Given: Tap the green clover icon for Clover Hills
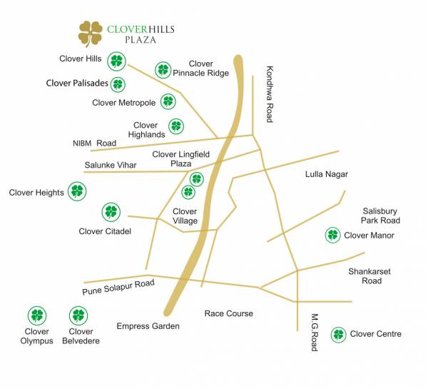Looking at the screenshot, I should click(116, 61).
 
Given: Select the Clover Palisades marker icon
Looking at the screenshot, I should click(118, 84).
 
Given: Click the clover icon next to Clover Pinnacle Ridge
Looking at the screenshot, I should click(163, 70).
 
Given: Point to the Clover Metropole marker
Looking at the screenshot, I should click(168, 102).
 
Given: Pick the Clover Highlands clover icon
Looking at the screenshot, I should click(176, 126).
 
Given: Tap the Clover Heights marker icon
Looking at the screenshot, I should click(76, 191).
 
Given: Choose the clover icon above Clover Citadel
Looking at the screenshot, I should click(111, 211).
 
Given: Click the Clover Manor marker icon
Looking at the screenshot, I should click(332, 235).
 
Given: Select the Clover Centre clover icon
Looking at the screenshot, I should click(338, 334).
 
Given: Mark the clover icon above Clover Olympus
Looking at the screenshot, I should click(36, 315).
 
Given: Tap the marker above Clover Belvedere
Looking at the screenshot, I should click(78, 315).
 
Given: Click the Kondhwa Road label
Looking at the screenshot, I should click(270, 94).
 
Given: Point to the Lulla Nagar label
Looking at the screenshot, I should click(327, 173).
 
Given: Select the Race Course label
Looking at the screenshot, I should click(228, 313).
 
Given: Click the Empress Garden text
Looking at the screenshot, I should click(148, 326).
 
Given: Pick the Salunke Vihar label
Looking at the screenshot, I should click(111, 165).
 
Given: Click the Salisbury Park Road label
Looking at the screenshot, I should click(380, 216).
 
